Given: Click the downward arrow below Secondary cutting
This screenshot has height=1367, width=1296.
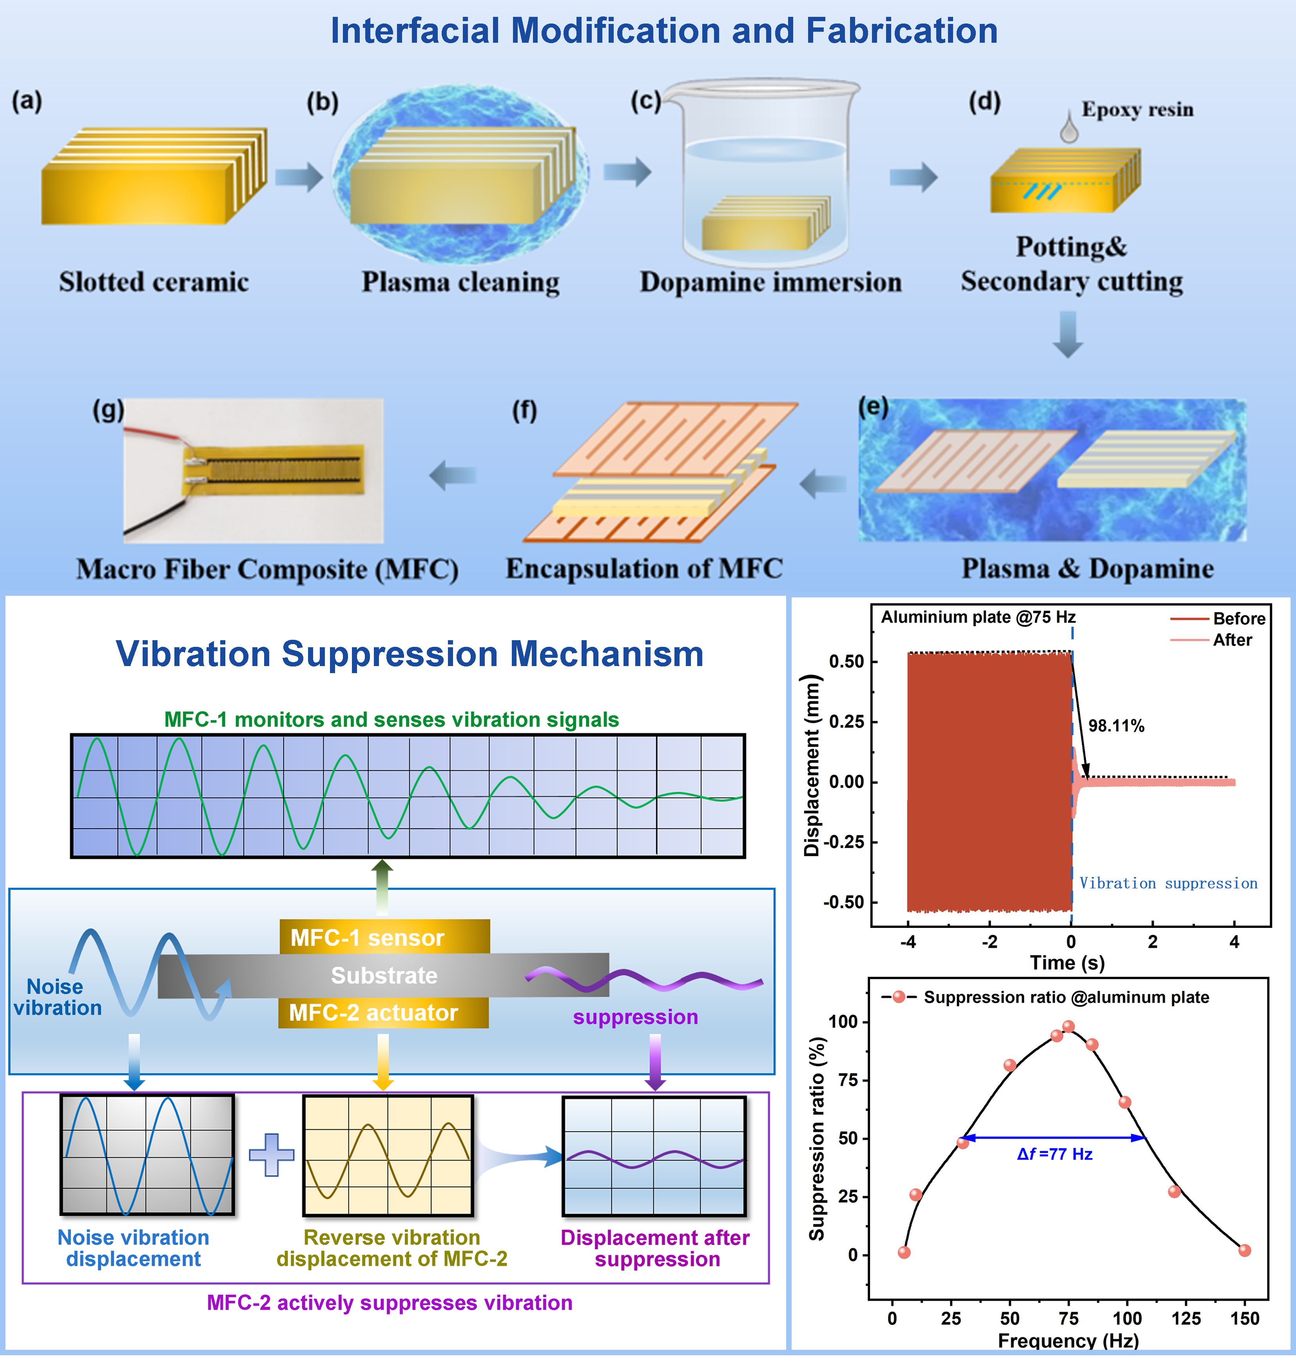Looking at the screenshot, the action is click(x=1068, y=334).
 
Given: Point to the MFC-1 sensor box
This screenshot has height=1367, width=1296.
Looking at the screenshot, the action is click(x=385, y=937).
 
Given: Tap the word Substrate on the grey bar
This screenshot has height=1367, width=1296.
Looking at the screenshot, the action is click(x=384, y=975).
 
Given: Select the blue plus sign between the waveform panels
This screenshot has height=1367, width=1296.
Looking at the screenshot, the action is click(x=272, y=1155).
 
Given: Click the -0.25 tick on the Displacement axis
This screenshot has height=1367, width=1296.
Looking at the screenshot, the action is click(x=843, y=842).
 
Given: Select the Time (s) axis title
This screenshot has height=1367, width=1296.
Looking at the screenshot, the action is click(x=1068, y=963).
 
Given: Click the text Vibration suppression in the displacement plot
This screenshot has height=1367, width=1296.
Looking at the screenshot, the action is click(x=1168, y=883).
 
